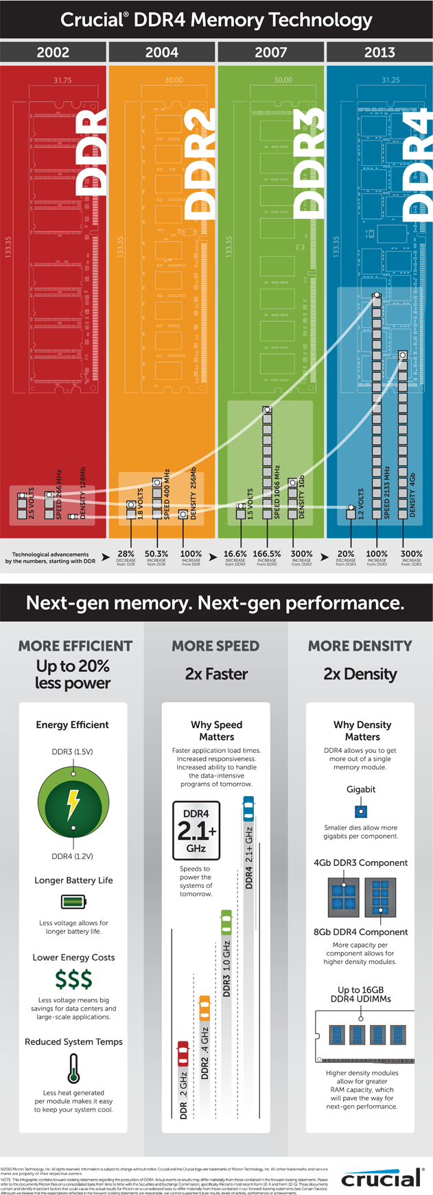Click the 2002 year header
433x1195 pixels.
coord(53,52)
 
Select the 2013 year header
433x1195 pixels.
coord(379,52)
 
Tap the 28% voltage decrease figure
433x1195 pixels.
coord(126,553)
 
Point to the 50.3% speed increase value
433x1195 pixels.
coord(156,553)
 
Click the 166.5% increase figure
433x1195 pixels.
coord(267,553)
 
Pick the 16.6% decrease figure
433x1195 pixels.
coord(235,553)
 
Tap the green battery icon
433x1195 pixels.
coord(73,902)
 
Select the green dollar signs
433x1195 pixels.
coord(73,980)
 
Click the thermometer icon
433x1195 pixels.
coord(73,1068)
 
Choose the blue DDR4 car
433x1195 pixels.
coord(248,809)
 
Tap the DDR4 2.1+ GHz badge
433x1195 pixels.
coord(196,830)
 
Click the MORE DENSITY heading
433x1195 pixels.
coord(360,646)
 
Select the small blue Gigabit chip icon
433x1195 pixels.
coord(361,812)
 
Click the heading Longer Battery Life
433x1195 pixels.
coord(73,880)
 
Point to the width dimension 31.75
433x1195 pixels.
coord(62,80)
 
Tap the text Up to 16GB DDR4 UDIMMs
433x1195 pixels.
coord(360,994)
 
